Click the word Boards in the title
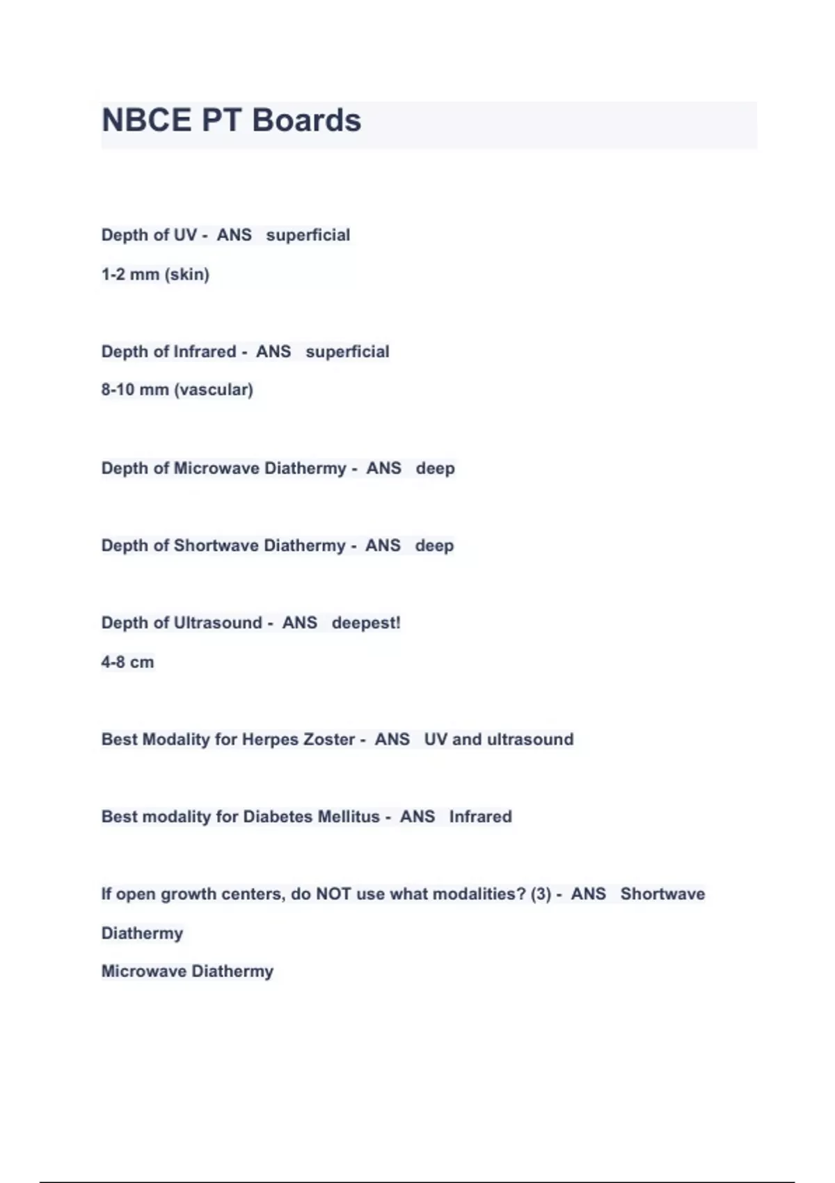click(306, 120)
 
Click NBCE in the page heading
click(146, 120)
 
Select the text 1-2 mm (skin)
click(155, 274)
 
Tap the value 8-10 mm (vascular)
click(177, 390)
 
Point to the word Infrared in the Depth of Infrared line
click(205, 351)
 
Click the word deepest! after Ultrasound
click(366, 623)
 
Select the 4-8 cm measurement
click(127, 662)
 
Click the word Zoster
click(330, 739)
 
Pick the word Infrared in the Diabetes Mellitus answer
click(480, 816)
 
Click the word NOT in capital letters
click(333, 894)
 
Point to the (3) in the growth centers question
click(541, 894)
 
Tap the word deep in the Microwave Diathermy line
click(435, 468)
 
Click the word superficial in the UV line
click(308, 235)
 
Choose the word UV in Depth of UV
click(185, 235)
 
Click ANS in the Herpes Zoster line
click(392, 739)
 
